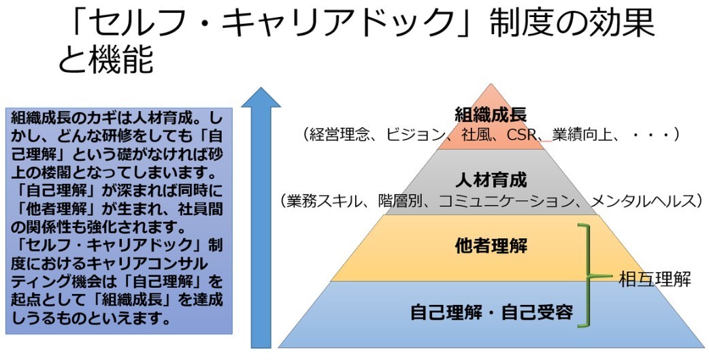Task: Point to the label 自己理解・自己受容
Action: (x=491, y=312)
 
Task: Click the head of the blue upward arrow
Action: (x=261, y=99)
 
